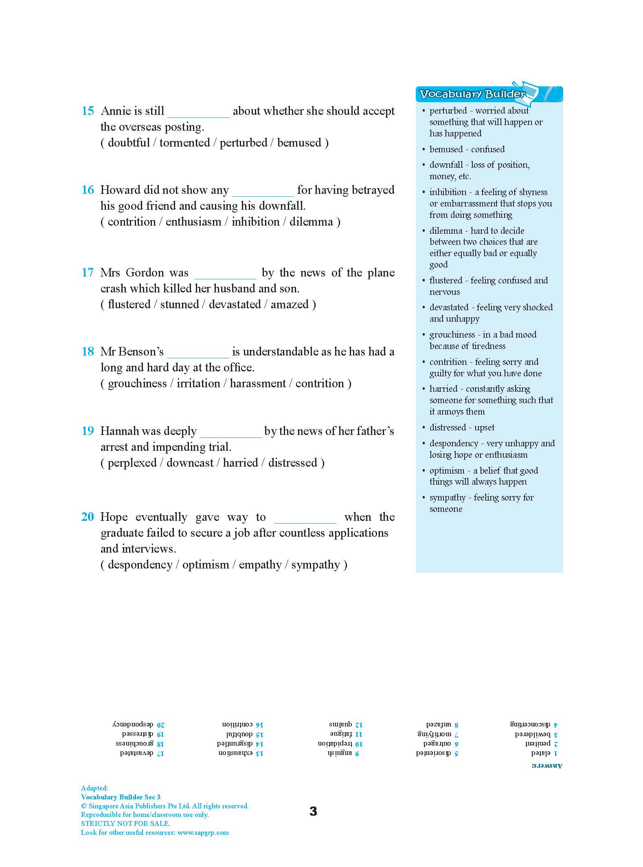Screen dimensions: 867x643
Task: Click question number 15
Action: (x=88, y=111)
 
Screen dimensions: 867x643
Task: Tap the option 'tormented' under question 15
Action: (x=184, y=143)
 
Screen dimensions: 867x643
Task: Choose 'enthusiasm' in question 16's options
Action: (x=193, y=222)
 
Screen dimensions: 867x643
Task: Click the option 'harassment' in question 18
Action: (x=258, y=384)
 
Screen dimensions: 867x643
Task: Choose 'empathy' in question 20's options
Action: (x=260, y=565)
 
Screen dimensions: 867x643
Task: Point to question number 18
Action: (x=88, y=352)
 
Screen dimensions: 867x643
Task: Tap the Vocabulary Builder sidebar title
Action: (x=472, y=94)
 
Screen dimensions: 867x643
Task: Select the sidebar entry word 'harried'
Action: (x=443, y=389)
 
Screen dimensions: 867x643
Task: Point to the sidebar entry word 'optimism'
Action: (x=447, y=471)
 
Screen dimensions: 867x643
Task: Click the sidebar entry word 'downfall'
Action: (x=446, y=165)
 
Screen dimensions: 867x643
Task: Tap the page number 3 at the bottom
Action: (x=313, y=811)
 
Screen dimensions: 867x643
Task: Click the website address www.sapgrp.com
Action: (x=203, y=833)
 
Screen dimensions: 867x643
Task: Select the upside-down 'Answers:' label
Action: (x=546, y=766)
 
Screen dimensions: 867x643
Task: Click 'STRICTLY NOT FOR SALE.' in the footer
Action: (x=125, y=823)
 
